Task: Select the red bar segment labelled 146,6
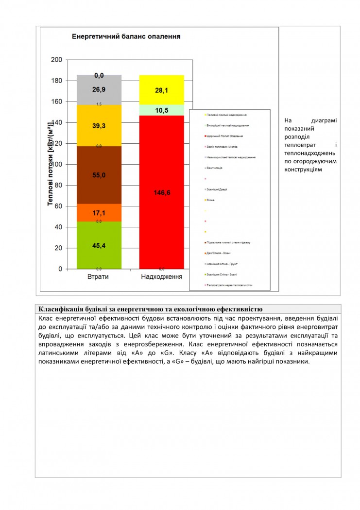pos(161,192)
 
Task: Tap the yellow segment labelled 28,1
pos(161,90)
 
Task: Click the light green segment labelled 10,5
pos(161,110)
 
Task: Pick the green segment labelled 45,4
pos(99,245)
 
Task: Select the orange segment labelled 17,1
pos(99,213)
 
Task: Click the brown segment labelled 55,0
pos(99,175)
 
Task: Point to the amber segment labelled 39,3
pos(99,125)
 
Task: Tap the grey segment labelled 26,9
pos(99,89)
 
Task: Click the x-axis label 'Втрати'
pos(98,276)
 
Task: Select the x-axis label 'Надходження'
pos(161,276)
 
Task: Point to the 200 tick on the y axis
pos(57,60)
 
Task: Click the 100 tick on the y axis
pos(57,164)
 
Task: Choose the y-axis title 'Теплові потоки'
pos(50,165)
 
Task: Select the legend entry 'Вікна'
pos(210,200)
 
